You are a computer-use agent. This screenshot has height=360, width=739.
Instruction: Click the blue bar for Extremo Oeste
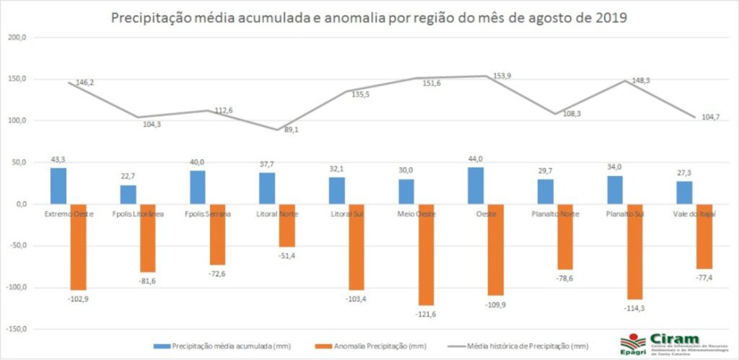(x=58, y=186)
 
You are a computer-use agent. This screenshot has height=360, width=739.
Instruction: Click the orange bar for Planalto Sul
(x=635, y=251)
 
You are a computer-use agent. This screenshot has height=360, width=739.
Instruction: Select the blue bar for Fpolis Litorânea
(x=128, y=195)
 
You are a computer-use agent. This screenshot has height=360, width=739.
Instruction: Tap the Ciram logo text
(x=674, y=338)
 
